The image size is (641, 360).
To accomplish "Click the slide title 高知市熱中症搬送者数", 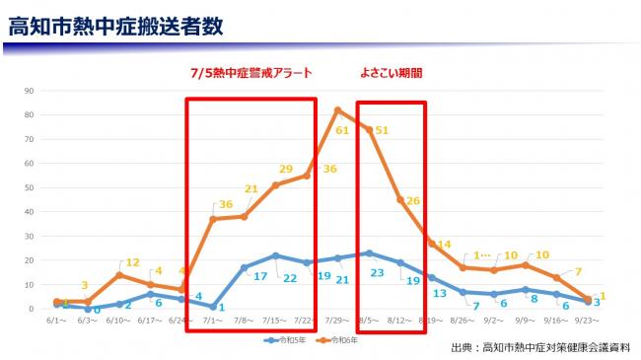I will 115,27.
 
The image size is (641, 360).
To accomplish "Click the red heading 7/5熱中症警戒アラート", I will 251,74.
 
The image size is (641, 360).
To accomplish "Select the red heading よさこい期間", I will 392,74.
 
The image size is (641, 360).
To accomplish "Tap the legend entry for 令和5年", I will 289,340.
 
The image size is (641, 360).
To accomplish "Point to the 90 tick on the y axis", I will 31,91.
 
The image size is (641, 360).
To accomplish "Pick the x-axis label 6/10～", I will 118,321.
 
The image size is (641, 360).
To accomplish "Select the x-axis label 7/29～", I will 337,321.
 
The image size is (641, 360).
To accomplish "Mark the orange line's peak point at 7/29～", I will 337,109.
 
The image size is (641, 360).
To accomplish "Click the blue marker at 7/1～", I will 213,307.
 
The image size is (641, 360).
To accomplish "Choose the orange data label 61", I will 342,130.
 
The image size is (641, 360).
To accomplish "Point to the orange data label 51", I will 383,130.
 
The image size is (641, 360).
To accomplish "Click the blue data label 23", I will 376,272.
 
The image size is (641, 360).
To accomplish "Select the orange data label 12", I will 132,262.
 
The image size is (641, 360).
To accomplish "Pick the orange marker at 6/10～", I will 118,275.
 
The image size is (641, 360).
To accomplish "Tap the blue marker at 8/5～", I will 369,253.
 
